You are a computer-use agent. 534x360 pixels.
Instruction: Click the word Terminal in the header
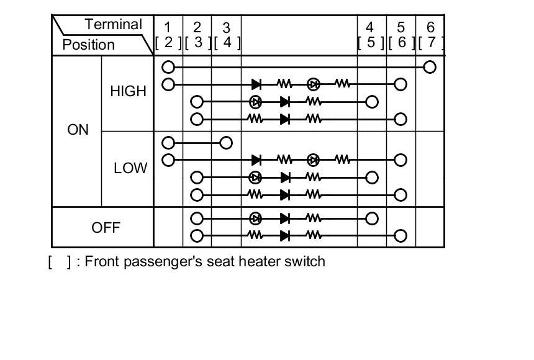click(x=114, y=25)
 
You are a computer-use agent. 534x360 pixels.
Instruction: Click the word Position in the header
click(x=88, y=45)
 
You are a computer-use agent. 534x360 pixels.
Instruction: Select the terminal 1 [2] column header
click(x=168, y=35)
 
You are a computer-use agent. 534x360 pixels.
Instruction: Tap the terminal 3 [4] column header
click(x=226, y=35)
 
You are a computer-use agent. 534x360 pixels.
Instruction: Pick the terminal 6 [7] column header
click(x=430, y=35)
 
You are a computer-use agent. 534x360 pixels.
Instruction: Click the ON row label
click(x=78, y=130)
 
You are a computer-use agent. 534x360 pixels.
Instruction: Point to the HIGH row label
click(x=128, y=91)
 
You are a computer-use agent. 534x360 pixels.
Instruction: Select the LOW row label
click(x=130, y=168)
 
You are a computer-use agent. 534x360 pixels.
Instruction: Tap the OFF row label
click(x=106, y=227)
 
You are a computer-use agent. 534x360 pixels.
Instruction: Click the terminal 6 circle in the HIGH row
click(x=430, y=67)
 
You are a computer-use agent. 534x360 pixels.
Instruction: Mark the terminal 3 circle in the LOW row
click(x=226, y=143)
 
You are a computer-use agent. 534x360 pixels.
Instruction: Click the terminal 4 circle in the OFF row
click(x=372, y=218)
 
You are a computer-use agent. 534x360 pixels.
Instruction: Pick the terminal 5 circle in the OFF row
click(x=400, y=236)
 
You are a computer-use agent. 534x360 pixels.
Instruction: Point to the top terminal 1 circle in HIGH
click(x=168, y=67)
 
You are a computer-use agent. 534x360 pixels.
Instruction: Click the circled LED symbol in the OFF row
click(x=255, y=218)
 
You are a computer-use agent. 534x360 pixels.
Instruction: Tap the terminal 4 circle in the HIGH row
click(x=372, y=102)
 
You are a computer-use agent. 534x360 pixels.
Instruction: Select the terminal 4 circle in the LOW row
click(x=372, y=178)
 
